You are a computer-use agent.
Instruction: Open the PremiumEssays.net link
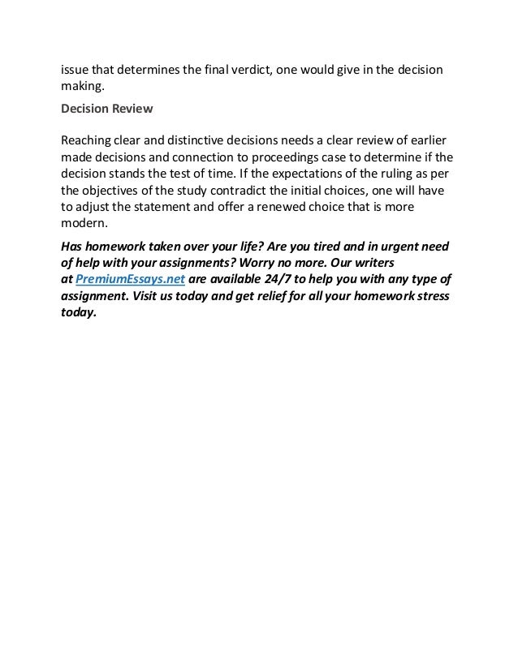tap(131, 280)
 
